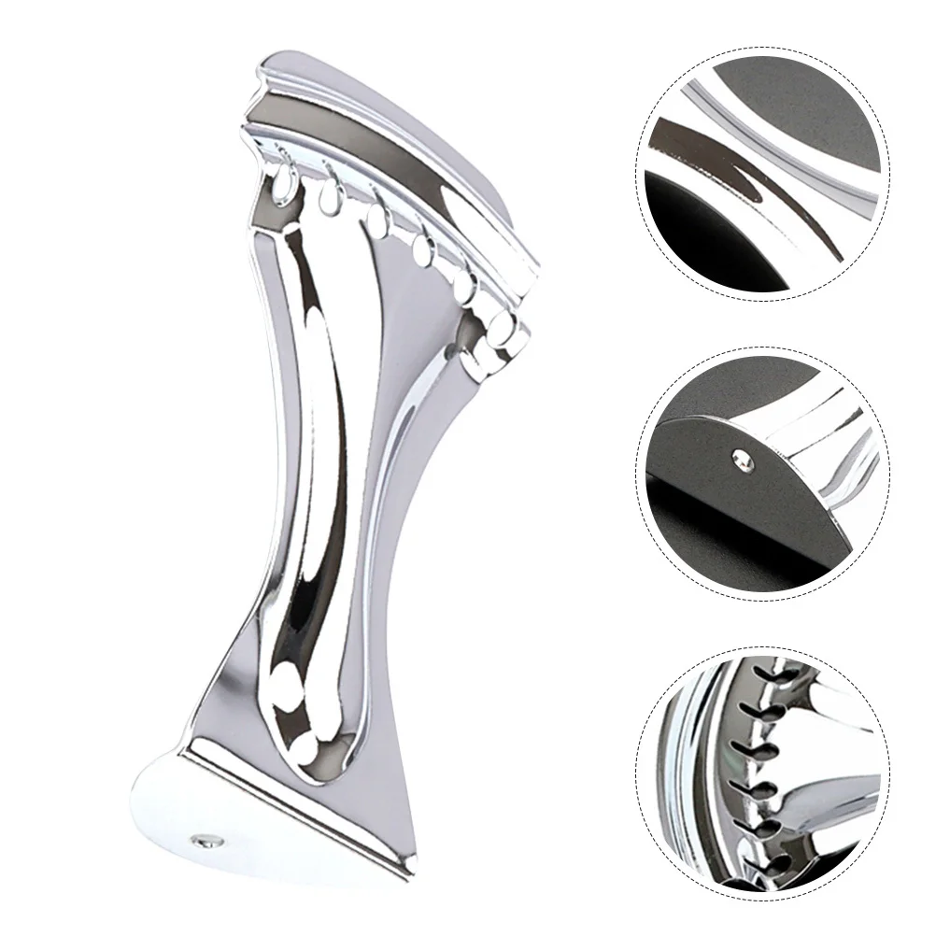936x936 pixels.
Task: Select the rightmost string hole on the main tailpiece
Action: (505, 325)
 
